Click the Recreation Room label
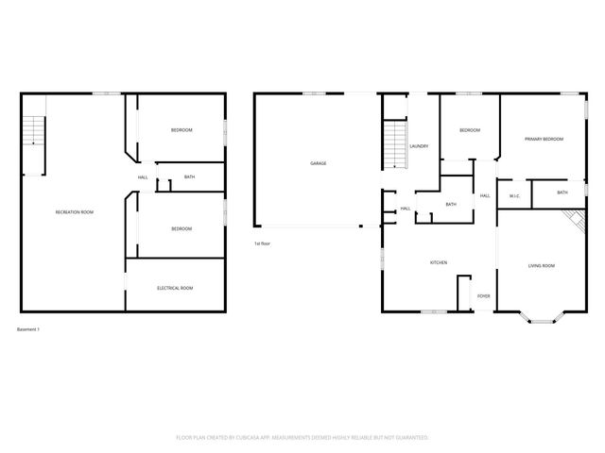[x=74, y=212]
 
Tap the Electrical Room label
[x=175, y=288]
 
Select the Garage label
[x=319, y=163]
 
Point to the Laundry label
[x=420, y=146]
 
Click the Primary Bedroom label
[x=544, y=139]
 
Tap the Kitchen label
[x=439, y=262]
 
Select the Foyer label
[x=483, y=296]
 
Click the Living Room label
[x=541, y=266]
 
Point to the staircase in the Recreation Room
[x=33, y=132]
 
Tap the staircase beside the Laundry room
[x=393, y=146]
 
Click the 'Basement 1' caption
[x=28, y=329]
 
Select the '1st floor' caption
[x=263, y=243]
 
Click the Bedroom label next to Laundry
[x=470, y=130]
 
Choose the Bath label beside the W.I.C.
[x=562, y=193]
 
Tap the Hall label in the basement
[x=143, y=177]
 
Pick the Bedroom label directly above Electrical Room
[x=181, y=228]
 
